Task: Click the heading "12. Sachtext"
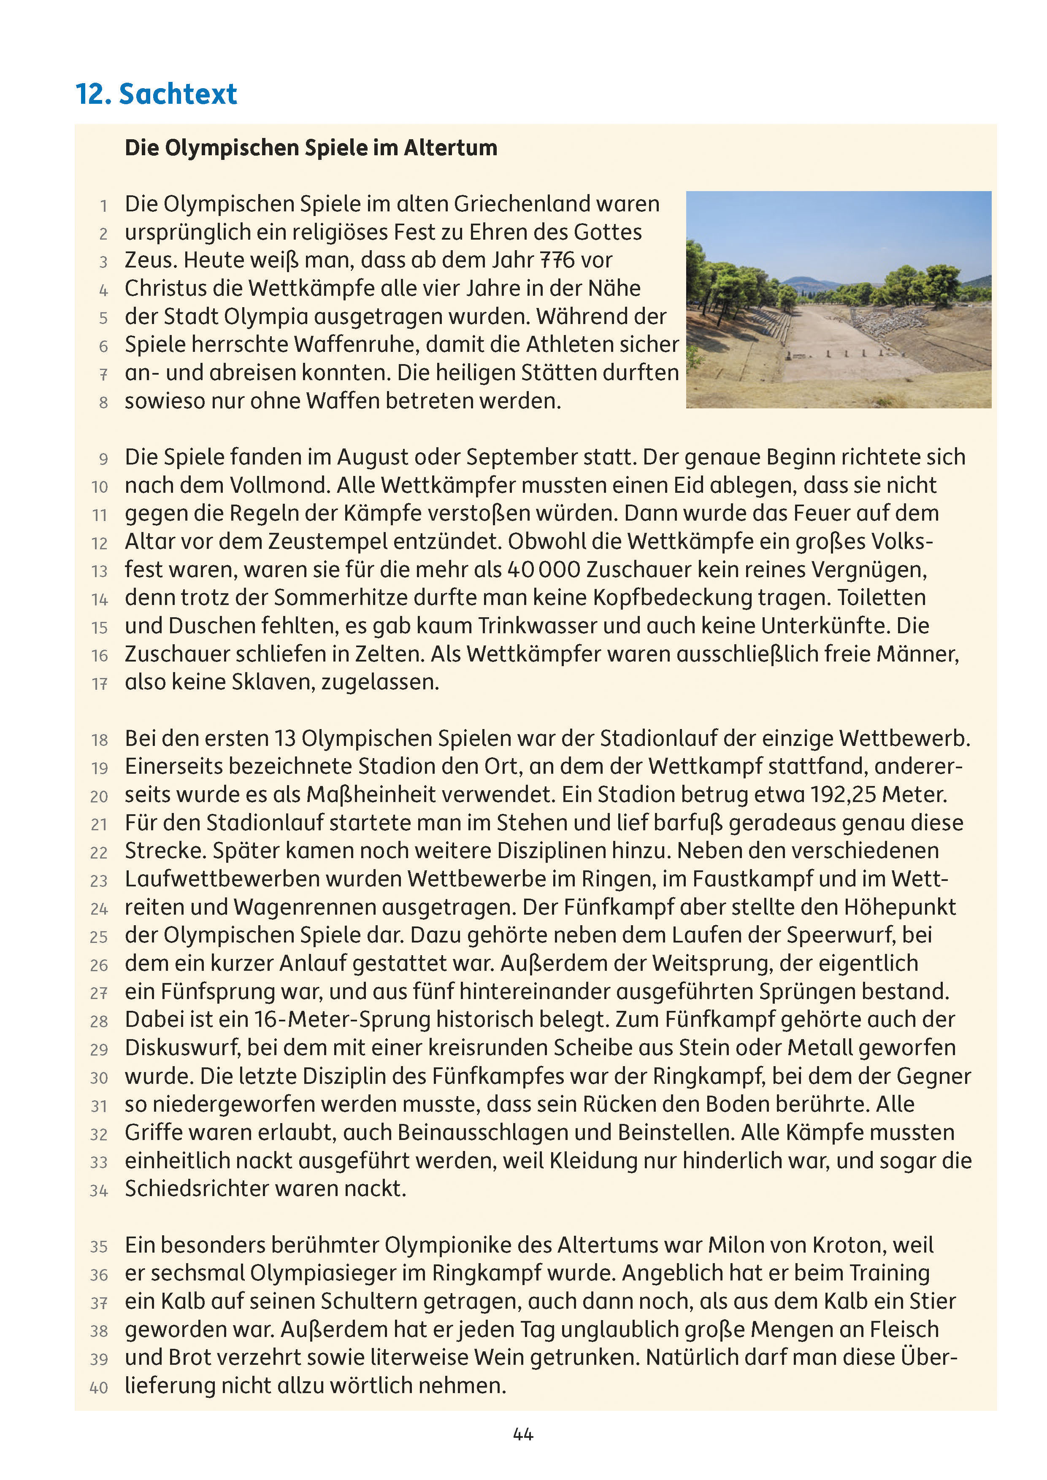tap(156, 94)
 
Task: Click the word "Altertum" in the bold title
tap(451, 148)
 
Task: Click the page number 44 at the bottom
tap(523, 1434)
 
